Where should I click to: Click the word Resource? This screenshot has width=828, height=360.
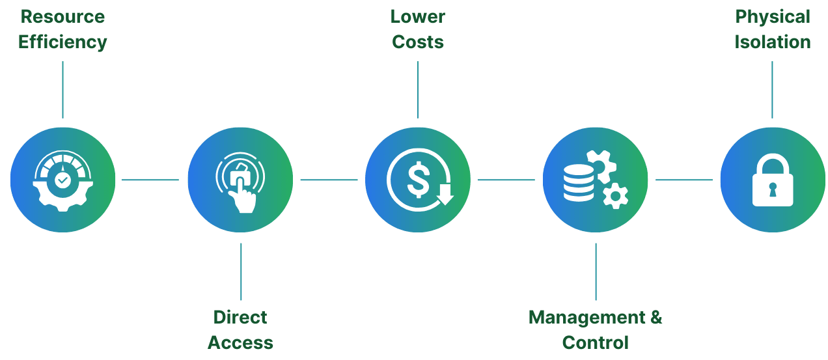[62, 17]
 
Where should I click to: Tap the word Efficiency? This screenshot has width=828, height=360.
[62, 42]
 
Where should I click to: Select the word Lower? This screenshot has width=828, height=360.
[418, 17]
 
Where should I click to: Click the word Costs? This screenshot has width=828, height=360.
[418, 42]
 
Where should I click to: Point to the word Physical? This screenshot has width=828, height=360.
[773, 18]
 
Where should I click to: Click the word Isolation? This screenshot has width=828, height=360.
[773, 42]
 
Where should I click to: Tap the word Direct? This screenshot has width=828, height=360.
[240, 317]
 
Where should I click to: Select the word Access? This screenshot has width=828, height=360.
[240, 342]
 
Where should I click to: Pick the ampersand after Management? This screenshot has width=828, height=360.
[656, 317]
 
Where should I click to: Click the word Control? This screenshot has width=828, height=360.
[595, 342]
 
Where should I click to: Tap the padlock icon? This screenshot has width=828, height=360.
[773, 180]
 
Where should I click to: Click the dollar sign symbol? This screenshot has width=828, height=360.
[418, 180]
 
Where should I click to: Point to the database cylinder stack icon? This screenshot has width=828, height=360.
[579, 183]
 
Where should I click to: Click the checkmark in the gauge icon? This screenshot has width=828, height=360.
[63, 180]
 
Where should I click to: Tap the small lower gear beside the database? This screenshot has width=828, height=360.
[615, 195]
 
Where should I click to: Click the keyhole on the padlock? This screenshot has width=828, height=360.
[773, 189]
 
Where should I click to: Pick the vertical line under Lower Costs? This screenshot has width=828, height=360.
[418, 90]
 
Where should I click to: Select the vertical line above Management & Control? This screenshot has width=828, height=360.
[596, 271]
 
